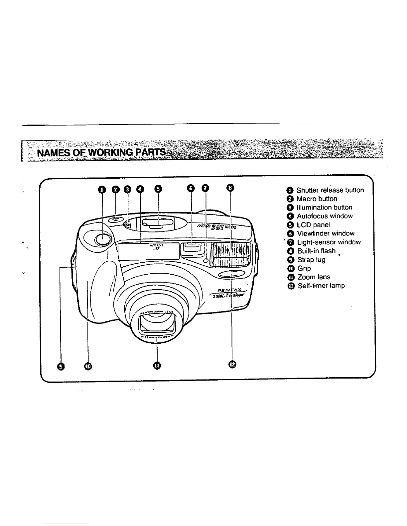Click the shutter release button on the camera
click(x=102, y=238)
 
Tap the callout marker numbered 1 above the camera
click(x=102, y=189)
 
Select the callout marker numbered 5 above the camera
click(x=158, y=189)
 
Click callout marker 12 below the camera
click(x=232, y=364)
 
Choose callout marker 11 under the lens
click(x=157, y=365)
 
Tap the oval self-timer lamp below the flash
click(x=232, y=274)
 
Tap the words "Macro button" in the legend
click(x=317, y=199)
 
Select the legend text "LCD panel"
click(x=313, y=225)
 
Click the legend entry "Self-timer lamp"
click(x=321, y=286)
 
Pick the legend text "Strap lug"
click(x=311, y=260)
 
